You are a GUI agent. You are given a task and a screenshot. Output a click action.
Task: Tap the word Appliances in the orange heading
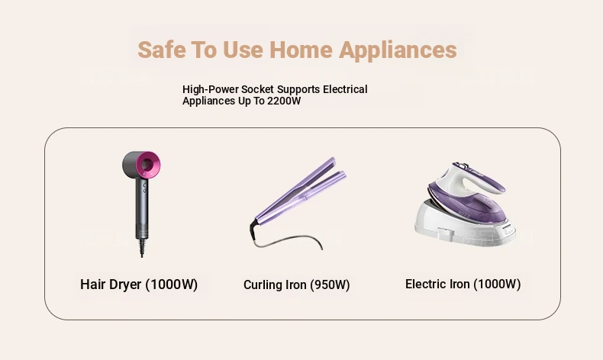[x=398, y=50]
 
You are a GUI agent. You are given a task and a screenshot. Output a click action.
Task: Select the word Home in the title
[x=301, y=50]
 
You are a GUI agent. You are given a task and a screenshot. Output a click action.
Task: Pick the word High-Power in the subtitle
[x=210, y=89]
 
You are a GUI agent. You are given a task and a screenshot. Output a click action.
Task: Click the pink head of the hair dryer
[x=149, y=165]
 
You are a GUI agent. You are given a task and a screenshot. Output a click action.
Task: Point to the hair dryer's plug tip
[x=142, y=255]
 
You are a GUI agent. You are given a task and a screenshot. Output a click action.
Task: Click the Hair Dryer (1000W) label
[x=139, y=284]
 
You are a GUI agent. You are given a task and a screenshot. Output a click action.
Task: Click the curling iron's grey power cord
[x=289, y=242]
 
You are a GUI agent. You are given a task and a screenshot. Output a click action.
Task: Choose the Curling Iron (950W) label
[x=296, y=284]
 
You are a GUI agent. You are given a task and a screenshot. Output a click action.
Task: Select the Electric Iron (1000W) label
[x=463, y=284]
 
